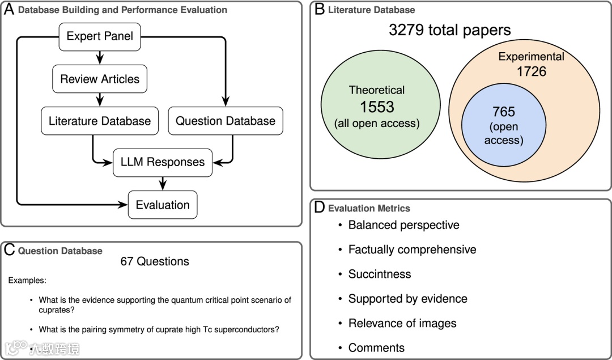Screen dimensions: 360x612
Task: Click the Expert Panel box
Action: (100, 36)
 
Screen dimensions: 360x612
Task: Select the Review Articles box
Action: (100, 79)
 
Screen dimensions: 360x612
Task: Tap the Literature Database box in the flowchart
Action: (100, 121)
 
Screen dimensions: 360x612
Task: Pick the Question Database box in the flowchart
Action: (226, 121)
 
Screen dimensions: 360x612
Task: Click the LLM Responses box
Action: (163, 162)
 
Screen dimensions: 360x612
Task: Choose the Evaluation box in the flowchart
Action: (163, 205)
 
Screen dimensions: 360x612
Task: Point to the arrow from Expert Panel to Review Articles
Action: (100, 57)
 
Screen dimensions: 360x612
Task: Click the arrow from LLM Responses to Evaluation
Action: (163, 183)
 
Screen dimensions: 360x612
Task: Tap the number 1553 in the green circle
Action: (377, 106)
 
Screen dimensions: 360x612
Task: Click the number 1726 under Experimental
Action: (531, 71)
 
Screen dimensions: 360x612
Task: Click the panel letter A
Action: (9, 9)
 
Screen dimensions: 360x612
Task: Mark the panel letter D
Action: (320, 207)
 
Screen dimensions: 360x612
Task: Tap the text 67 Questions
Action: (155, 261)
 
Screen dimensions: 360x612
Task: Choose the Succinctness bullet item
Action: (380, 274)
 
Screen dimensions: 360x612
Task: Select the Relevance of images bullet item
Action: (402, 323)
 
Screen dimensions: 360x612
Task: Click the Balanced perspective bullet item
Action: (403, 225)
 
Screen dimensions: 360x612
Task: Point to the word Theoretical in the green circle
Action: (377, 90)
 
